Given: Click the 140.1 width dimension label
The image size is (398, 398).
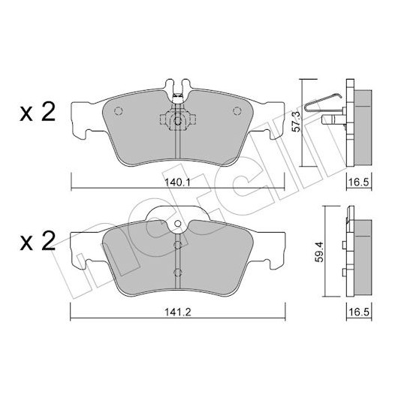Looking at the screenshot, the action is pos(177,182).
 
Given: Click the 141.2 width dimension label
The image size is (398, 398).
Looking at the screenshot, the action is pos(178,312).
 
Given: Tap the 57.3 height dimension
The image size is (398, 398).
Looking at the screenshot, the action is pos(296,122).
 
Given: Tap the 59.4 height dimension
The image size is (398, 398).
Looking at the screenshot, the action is pos(318,252).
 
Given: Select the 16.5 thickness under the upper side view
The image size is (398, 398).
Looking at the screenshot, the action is pos(359,182).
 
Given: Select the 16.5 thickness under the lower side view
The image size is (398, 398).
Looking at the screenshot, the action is pos(359,312).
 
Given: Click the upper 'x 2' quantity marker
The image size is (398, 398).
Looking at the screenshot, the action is pos(38,113).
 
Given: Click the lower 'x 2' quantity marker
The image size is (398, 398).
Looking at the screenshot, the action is pos(38,240).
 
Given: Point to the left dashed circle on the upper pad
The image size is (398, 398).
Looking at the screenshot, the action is pos(119,111).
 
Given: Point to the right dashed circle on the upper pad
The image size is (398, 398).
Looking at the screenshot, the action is pos(237,111).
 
